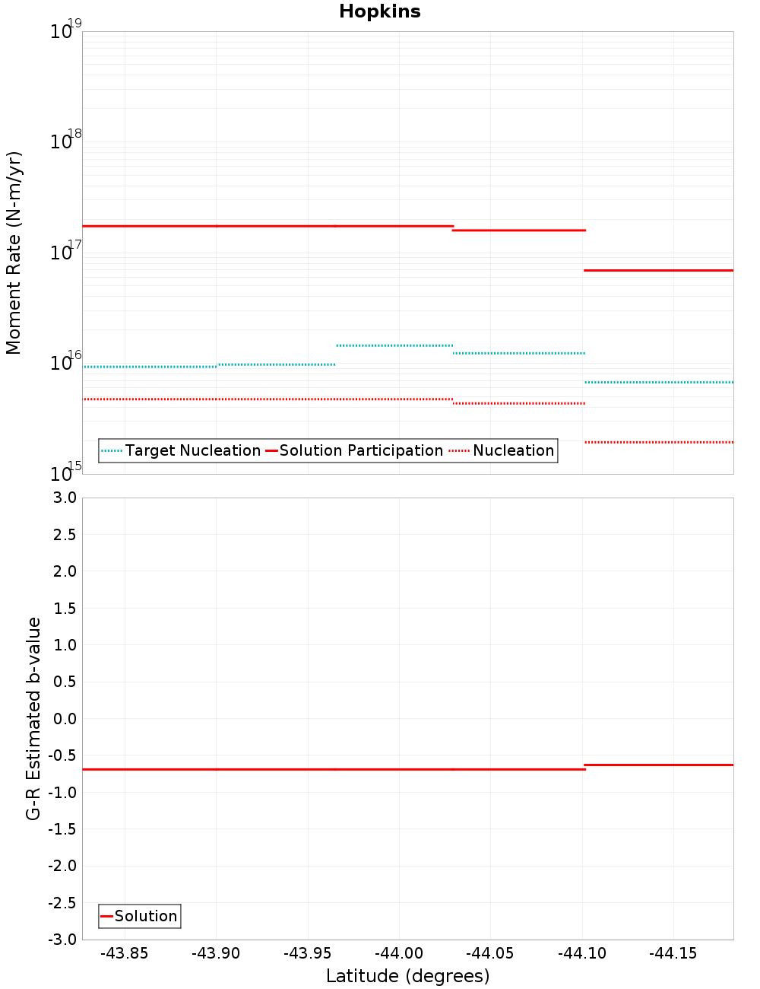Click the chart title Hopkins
click(x=379, y=11)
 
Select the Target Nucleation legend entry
click(x=192, y=450)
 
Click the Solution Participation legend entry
click(x=361, y=450)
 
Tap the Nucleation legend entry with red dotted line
click(x=513, y=450)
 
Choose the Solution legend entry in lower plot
click(x=145, y=916)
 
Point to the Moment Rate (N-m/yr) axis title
click(x=14, y=253)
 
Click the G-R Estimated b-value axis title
click(x=33, y=718)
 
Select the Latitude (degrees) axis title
click(x=407, y=976)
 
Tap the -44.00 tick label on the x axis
click(x=399, y=953)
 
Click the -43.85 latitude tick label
click(x=125, y=953)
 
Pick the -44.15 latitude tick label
click(x=673, y=953)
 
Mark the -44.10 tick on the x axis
click(x=582, y=953)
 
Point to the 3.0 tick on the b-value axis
click(x=64, y=498)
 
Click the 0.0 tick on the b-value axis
click(x=64, y=718)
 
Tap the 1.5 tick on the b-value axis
click(x=64, y=608)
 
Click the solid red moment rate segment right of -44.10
click(x=658, y=270)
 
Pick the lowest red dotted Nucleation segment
click(x=658, y=442)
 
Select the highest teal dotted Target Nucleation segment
click(x=394, y=345)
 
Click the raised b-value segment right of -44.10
click(x=658, y=765)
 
